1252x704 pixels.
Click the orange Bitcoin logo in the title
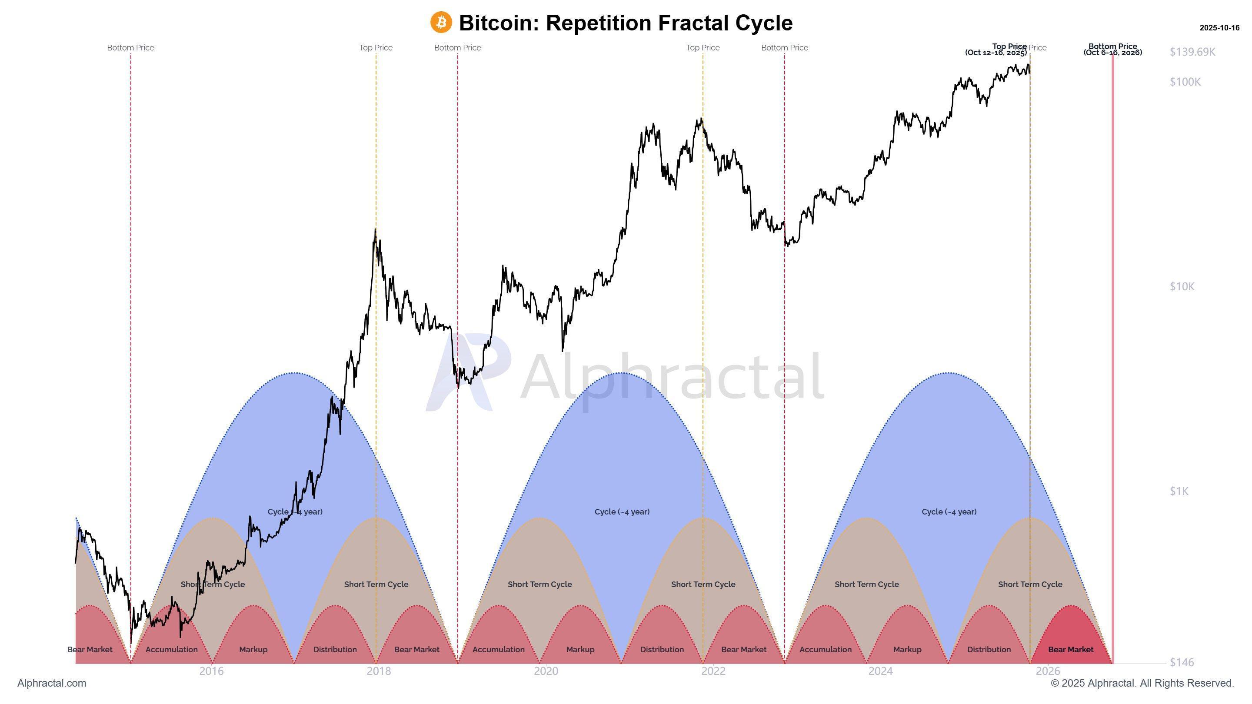click(441, 22)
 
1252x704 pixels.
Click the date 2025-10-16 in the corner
click(1219, 28)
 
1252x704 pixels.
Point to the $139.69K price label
click(1192, 52)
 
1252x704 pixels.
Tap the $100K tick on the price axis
click(1185, 82)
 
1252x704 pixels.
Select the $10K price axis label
click(1182, 287)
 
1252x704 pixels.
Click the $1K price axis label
click(1179, 491)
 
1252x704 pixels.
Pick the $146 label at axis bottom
click(1182, 662)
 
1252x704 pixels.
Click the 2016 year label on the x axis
click(211, 671)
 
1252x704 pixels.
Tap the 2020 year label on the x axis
click(546, 671)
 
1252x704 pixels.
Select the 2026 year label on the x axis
click(1047, 671)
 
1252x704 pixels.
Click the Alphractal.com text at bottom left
click(52, 683)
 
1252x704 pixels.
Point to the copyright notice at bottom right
click(1142, 683)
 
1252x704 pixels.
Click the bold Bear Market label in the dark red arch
click(1071, 650)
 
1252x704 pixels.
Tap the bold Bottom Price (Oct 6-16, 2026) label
click(1112, 50)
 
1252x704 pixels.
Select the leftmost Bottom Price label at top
click(130, 48)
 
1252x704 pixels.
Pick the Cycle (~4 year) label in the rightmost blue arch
click(949, 511)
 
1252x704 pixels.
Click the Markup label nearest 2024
click(907, 650)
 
